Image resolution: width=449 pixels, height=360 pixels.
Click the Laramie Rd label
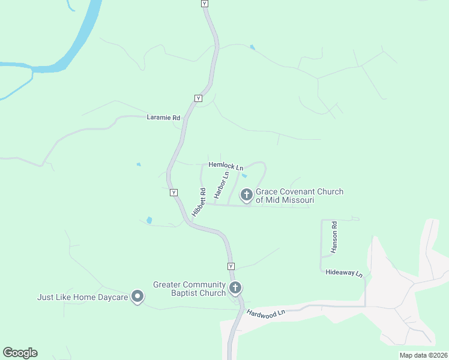pyautogui.click(x=163, y=118)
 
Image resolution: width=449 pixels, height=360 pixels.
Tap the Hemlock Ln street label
pyautogui.click(x=226, y=165)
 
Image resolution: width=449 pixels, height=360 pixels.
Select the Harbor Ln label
pyautogui.click(x=221, y=183)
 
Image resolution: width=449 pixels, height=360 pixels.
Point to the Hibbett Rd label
pyautogui.click(x=199, y=202)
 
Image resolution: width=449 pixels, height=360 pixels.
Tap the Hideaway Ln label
pyautogui.click(x=344, y=272)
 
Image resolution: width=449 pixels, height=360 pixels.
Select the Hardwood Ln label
pyautogui.click(x=265, y=313)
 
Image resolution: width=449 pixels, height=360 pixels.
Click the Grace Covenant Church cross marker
pyautogui.click(x=246, y=194)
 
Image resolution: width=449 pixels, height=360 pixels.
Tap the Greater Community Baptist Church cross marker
pyautogui.click(x=235, y=288)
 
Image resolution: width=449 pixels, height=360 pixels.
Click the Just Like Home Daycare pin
pyautogui.click(x=137, y=296)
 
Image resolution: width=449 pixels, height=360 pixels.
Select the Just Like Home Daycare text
pyautogui.click(x=83, y=297)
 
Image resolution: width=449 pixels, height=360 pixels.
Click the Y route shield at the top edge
pyautogui.click(x=205, y=4)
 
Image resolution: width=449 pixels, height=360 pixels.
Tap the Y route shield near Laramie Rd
pyautogui.click(x=197, y=98)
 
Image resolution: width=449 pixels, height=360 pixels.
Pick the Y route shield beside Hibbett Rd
pyautogui.click(x=173, y=193)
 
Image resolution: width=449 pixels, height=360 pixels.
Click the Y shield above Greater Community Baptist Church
pyautogui.click(x=231, y=266)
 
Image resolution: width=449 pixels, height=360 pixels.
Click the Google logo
pyautogui.click(x=20, y=353)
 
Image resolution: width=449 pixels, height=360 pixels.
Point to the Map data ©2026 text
pyautogui.click(x=423, y=355)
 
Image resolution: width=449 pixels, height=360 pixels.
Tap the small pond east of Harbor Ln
pyautogui.click(x=244, y=176)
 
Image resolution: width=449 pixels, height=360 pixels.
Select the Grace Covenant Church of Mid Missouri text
pyautogui.click(x=300, y=196)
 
